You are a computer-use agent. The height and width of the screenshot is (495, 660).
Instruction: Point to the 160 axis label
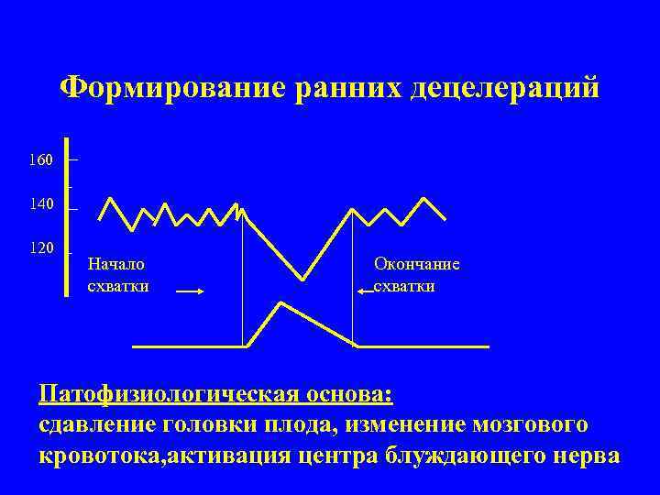click(x=40, y=160)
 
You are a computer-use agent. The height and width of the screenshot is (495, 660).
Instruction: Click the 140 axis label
click(x=40, y=203)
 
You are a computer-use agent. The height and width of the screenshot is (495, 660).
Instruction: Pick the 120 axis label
click(x=40, y=248)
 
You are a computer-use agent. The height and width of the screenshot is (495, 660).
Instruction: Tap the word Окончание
click(x=416, y=264)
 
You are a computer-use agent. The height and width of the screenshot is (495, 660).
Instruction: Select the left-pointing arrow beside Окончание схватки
click(x=365, y=291)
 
